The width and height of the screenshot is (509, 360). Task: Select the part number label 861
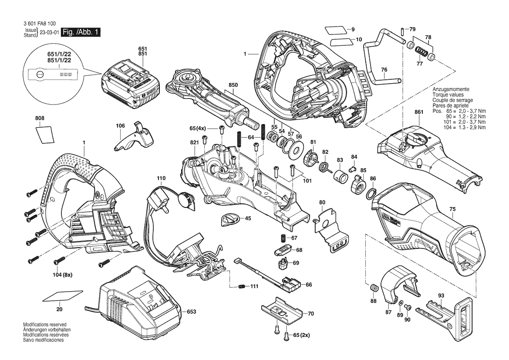click(419, 112)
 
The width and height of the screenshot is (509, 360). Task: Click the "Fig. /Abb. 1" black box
click(81, 32)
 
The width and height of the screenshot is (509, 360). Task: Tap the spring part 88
click(373, 288)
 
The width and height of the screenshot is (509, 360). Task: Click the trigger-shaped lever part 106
click(133, 138)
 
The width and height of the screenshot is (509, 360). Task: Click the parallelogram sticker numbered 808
click(44, 133)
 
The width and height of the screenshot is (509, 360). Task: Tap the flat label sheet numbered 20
click(63, 296)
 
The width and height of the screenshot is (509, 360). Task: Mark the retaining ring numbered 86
click(373, 193)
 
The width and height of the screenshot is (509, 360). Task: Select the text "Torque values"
click(448, 95)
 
